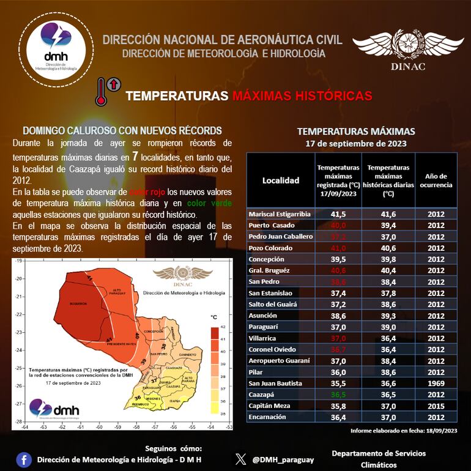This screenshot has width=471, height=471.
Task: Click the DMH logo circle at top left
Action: (x=56, y=50)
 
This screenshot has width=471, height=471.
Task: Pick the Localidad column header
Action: (x=281, y=180)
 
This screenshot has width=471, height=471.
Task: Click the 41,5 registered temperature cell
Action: (x=339, y=214)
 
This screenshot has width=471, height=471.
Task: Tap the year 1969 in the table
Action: (x=435, y=383)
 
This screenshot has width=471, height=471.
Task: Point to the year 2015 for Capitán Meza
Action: (x=435, y=406)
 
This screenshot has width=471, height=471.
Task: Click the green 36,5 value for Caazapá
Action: (x=339, y=395)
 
